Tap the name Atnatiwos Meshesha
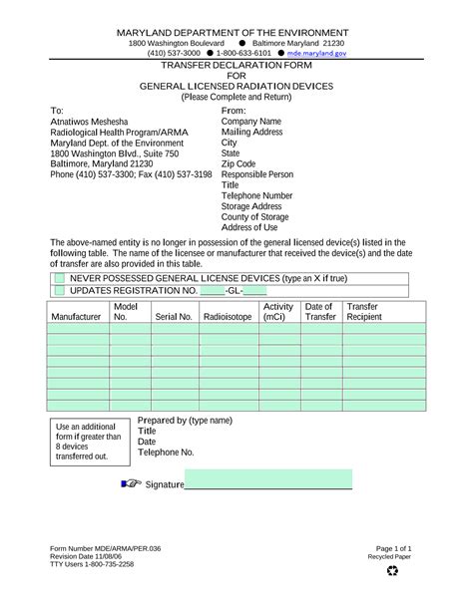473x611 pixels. tap(91, 121)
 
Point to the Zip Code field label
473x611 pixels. tap(238, 163)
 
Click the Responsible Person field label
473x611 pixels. tap(258, 174)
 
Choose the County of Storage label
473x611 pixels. tap(255, 217)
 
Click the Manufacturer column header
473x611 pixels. tap(76, 317)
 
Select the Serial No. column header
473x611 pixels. tap(173, 317)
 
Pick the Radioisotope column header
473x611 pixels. tap(228, 317)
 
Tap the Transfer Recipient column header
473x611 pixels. tap(363, 312)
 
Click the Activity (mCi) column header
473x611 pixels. tap(278, 312)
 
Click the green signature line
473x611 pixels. tap(269, 484)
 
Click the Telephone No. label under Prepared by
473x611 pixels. tap(166, 453)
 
